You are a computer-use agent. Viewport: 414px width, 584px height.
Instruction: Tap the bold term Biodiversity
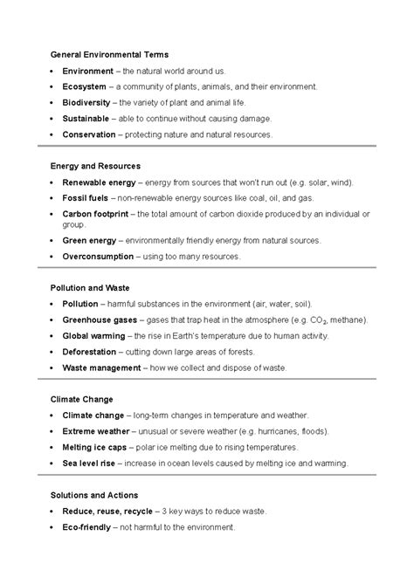[88, 103]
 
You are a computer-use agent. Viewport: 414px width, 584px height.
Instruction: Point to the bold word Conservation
[90, 135]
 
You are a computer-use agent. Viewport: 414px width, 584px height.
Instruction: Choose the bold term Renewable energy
[99, 182]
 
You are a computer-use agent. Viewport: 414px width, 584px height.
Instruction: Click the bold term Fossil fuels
[86, 198]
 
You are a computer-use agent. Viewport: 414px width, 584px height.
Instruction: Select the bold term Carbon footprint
[96, 214]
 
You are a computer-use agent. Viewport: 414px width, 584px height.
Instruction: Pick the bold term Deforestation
[93, 352]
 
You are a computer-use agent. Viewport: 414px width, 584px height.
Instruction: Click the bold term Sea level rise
[89, 463]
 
